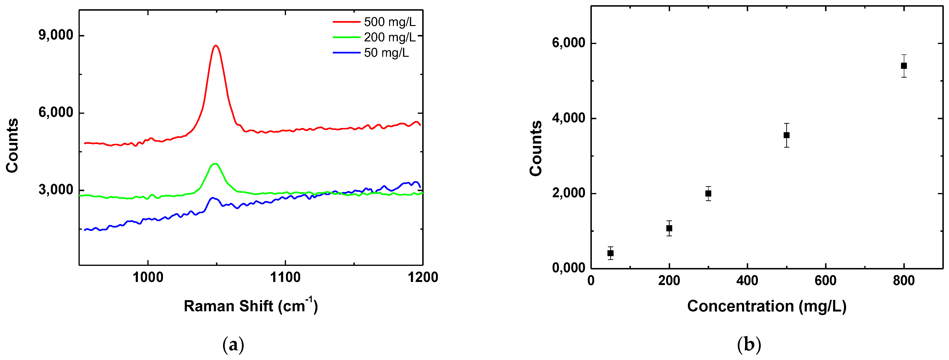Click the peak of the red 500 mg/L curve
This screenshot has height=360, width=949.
coord(216,46)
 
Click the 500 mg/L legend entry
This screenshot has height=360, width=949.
coord(389,22)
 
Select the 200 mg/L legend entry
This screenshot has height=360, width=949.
coord(389,37)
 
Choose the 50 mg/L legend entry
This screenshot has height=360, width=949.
coord(386,53)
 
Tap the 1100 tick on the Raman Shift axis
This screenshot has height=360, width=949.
coord(285,277)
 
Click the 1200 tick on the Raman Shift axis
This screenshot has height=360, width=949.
coord(422,277)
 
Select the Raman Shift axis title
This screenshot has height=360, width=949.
coord(250,306)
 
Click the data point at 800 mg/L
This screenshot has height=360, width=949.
coord(904,66)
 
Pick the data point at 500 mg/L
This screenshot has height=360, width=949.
coord(786,135)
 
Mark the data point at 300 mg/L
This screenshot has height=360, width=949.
coord(708,193)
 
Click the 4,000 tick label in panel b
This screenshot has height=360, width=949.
coord(568,118)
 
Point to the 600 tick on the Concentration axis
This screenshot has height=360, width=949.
coord(825,281)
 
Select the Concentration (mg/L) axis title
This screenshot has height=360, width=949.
coord(767,306)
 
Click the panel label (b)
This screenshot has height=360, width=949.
coord(749,345)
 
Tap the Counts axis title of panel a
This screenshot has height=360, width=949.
coord(12,145)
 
